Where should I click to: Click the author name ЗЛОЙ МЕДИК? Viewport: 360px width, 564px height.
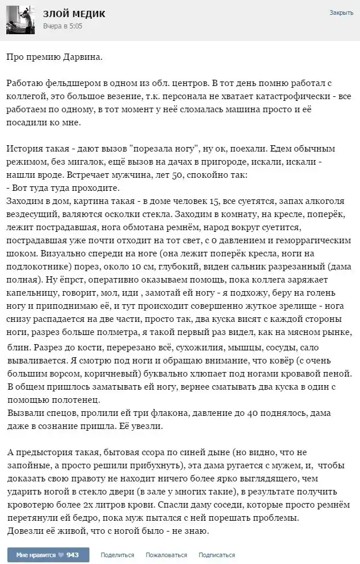pyautogui.click(x=73, y=14)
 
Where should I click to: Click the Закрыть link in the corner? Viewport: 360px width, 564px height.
pyautogui.click(x=341, y=13)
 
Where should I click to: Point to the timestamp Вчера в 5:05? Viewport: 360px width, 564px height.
pyautogui.click(x=63, y=26)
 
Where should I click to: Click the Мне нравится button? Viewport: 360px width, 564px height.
pyautogui.click(x=35, y=554)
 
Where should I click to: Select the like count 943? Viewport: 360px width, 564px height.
pyautogui.click(x=72, y=554)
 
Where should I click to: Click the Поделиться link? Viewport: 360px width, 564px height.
pyautogui.click(x=117, y=554)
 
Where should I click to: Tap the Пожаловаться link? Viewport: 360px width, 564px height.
pyautogui.click(x=166, y=554)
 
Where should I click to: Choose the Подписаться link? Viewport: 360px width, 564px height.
pyautogui.click(x=216, y=554)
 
